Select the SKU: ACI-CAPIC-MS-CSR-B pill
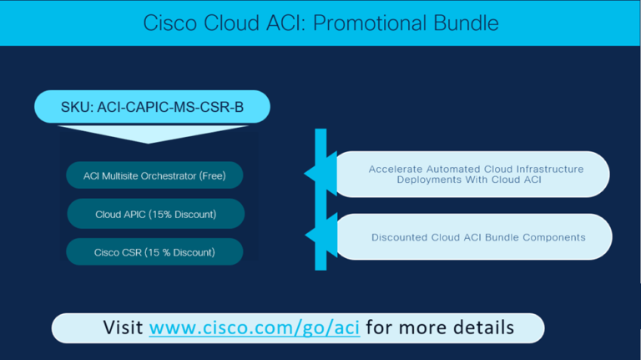tap(152, 107)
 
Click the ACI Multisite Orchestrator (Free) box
tap(154, 175)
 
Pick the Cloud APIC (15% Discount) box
tap(156, 214)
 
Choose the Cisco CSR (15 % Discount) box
tap(154, 251)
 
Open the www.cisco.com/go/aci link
tap(255, 327)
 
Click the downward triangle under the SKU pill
tap(152, 134)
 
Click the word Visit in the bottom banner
tap(123, 327)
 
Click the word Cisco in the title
tap(170, 23)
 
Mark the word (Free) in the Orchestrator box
tap(213, 176)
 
